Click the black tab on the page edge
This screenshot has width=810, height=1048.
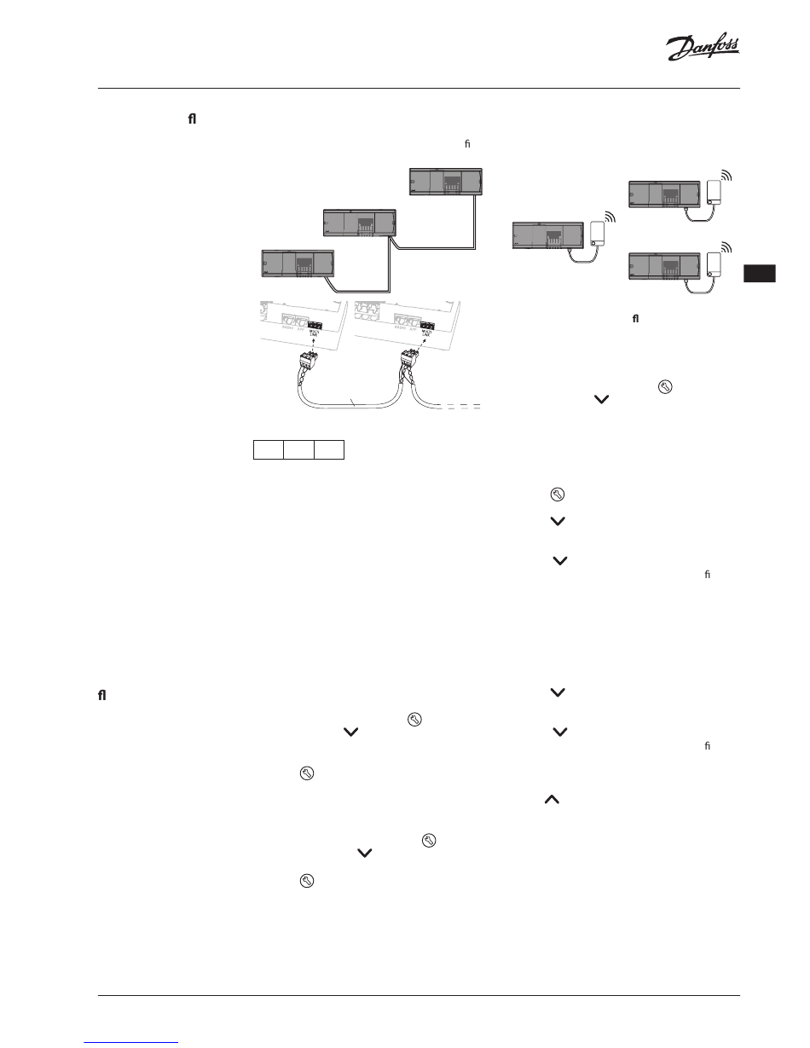[758, 275]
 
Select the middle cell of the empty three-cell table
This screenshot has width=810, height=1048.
[299, 449]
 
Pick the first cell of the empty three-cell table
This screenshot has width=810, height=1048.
[269, 449]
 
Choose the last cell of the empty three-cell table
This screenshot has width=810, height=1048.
[329, 449]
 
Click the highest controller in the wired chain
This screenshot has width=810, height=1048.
[445, 182]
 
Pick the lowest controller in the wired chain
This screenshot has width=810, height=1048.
[296, 263]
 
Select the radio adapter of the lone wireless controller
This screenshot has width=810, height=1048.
[599, 232]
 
